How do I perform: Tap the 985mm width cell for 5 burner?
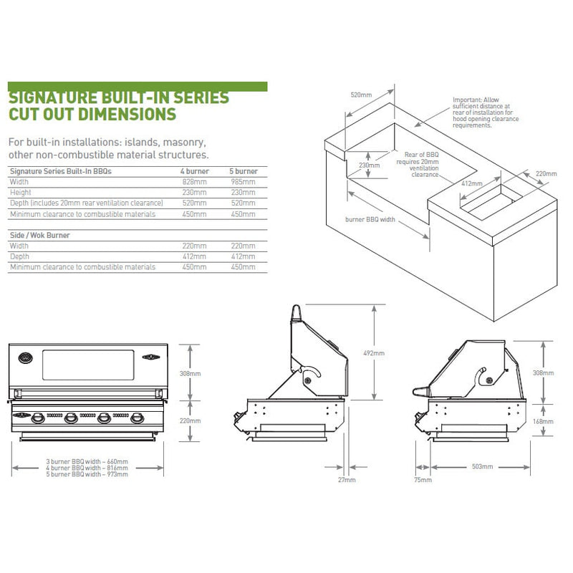pyautogui.click(x=242, y=183)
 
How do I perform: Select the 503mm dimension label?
pyautogui.click(x=483, y=466)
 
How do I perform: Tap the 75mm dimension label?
pyautogui.click(x=423, y=479)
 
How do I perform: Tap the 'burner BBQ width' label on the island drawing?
pyautogui.click(x=370, y=220)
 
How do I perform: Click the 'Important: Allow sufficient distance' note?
pyautogui.click(x=481, y=112)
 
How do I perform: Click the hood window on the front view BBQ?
pyautogui.click(x=87, y=365)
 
